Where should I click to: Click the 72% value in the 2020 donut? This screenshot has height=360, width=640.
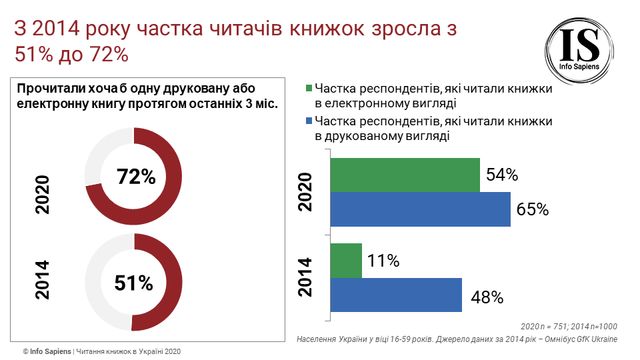pos(136,178)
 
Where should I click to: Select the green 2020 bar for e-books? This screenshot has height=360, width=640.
pos(403,175)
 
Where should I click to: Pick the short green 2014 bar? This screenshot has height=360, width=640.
pos(345,261)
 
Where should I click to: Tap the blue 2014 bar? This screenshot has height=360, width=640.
pos(395,295)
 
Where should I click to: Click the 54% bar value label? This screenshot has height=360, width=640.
pos(501,175)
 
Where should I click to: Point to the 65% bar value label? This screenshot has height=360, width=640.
pos(532,209)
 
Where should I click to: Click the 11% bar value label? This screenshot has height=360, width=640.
pos(383,261)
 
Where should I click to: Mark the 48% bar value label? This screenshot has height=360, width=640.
pos(485,296)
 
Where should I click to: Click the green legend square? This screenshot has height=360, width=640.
pos(310,88)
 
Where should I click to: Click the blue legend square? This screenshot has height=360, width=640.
pos(310,122)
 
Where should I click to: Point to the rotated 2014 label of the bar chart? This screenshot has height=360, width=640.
pos(305,278)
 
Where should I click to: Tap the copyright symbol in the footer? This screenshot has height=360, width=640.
pos(16,352)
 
